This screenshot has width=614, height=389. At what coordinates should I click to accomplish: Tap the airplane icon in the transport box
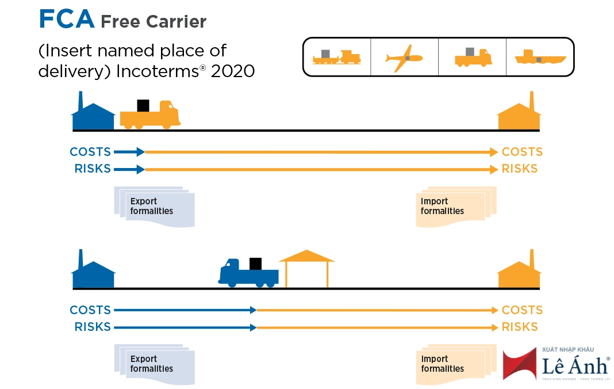point(404,58)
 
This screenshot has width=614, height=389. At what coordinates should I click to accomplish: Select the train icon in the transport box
point(336,57)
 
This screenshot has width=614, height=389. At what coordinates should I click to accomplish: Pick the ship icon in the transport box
point(540,58)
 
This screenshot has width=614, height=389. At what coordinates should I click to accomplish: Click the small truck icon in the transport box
point(473,57)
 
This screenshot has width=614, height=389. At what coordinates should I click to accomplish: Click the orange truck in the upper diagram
point(150,115)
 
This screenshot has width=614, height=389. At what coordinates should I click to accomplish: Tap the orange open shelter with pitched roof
point(306,268)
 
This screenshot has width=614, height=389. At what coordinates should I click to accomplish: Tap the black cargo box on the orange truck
point(143,105)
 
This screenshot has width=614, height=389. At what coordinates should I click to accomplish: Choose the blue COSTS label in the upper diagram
point(90,152)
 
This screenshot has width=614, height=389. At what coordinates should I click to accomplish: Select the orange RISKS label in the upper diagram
point(520,169)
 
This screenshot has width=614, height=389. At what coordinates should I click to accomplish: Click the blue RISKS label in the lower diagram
point(93,327)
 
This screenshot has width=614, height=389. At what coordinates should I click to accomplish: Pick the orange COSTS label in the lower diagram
point(522,310)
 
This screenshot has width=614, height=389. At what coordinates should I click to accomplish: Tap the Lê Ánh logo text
point(575,364)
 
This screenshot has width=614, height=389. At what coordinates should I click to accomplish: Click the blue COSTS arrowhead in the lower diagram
point(253,310)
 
